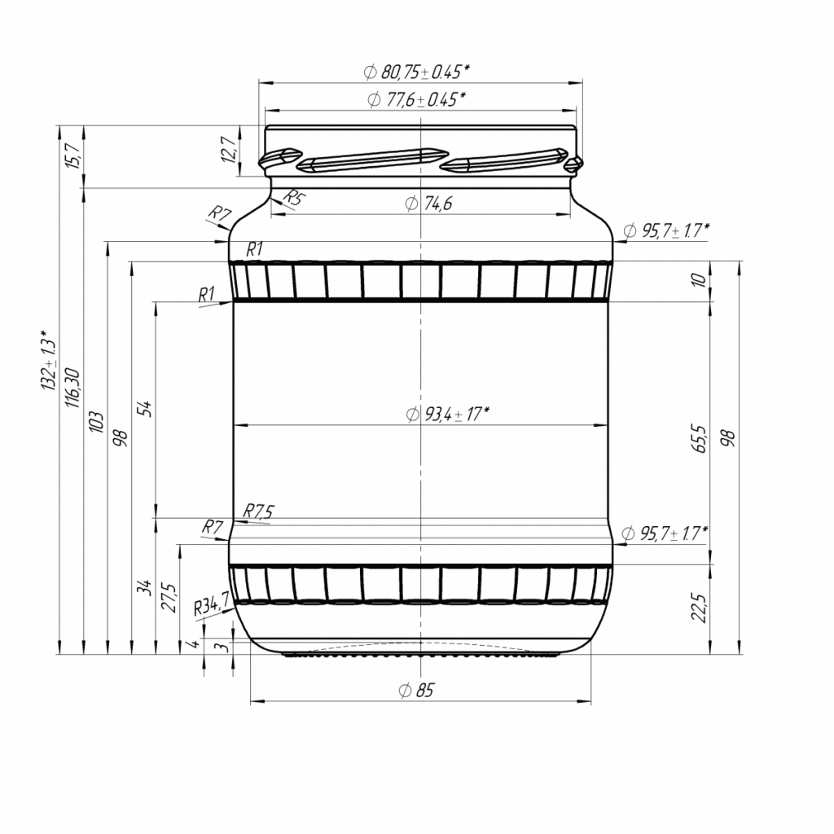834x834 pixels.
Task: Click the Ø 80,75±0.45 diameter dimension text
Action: [417, 72]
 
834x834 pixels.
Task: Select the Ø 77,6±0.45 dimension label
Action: [417, 99]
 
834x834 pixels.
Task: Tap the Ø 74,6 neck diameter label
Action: [428, 204]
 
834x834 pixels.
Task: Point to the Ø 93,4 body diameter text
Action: [447, 414]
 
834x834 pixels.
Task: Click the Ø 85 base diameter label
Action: [417, 691]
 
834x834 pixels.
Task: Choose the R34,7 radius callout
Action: [210, 607]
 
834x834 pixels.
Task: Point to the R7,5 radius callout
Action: [259, 511]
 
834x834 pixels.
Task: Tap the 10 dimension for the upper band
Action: [699, 281]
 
